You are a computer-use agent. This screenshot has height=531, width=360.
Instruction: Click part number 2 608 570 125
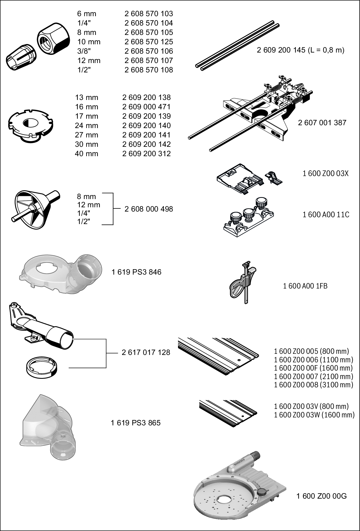coord(148,42)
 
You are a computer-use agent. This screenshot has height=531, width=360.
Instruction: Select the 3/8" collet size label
coord(84,51)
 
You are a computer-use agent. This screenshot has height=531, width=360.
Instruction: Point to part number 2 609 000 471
coord(146,107)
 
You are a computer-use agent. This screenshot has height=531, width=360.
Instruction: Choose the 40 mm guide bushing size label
coord(86,154)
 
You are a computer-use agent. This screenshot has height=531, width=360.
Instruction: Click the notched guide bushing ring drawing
coord(31,125)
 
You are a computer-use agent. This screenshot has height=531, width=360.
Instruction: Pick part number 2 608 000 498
coord(148,209)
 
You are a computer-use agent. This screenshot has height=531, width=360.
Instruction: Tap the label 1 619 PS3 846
coord(136,272)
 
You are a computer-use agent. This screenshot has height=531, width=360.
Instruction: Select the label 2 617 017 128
coord(146,352)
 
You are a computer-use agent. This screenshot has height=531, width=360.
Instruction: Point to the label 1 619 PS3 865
coord(135,423)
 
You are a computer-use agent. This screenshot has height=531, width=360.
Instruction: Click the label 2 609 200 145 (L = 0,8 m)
coord(300,50)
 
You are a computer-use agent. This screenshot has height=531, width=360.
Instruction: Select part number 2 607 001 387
coord(322,123)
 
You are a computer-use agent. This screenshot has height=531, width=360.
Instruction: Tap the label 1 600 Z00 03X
coord(325,173)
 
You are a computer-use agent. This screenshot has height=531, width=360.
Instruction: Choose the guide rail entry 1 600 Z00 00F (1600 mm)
coord(313,368)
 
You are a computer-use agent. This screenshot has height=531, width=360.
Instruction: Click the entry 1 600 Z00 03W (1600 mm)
coord(314,415)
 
